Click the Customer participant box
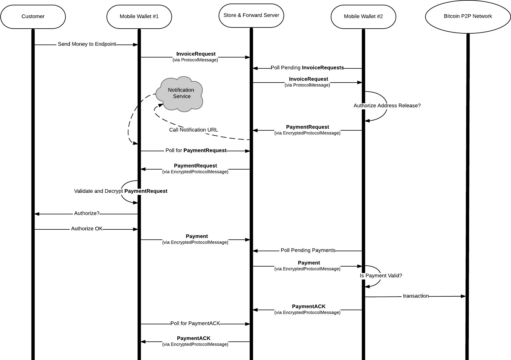[33, 17]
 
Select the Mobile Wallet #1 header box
[139, 17]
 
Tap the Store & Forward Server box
[251, 15]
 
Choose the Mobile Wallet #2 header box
[363, 17]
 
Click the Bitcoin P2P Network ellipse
[468, 17]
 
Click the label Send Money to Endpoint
[87, 44]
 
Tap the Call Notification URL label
[193, 130]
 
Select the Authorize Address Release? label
[387, 106]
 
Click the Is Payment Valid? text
[381, 276]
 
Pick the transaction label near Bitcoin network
[415, 296]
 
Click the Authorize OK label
[86, 229]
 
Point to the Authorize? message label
[86, 213]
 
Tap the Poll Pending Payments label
[308, 250]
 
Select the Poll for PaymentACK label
[195, 323]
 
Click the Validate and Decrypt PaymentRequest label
[120, 191]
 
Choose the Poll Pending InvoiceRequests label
[307, 68]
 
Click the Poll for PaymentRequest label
[196, 150]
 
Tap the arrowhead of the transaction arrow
[463, 296]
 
